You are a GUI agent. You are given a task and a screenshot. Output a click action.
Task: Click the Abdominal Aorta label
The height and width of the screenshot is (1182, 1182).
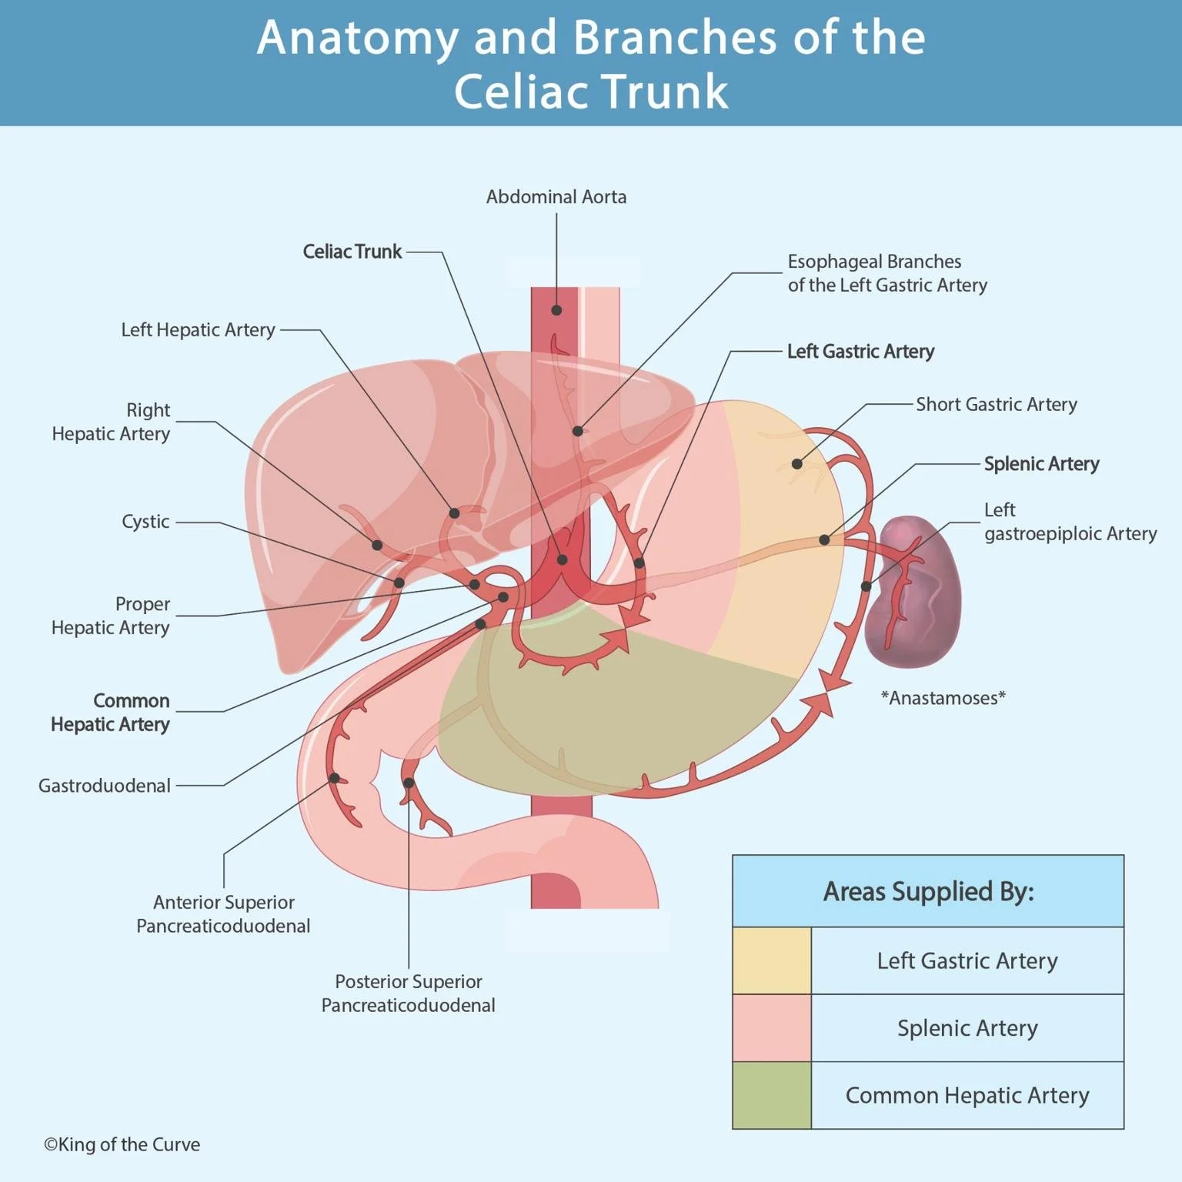pos(556,197)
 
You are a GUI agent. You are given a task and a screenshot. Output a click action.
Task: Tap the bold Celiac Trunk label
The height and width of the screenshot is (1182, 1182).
pos(352,252)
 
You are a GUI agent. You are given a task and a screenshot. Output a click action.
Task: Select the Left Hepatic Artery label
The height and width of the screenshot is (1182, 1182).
pos(198,330)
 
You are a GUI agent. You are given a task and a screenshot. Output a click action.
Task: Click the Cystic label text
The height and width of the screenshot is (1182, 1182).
pos(145,522)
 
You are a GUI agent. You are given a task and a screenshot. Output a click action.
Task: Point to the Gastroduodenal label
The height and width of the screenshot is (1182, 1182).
pos(105,786)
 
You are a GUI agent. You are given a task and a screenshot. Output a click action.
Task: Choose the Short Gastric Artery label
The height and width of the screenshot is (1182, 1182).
pos(996,405)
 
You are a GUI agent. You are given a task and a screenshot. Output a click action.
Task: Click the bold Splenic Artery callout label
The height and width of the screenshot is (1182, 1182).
pos(1041,464)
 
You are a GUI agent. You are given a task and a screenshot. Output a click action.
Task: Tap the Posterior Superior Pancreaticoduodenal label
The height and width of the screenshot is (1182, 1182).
pos(408,993)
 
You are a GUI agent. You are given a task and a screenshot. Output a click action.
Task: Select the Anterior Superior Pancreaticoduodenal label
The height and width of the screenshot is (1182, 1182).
pos(223,914)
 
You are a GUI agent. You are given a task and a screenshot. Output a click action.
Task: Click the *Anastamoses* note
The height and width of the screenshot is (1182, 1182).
pos(943,698)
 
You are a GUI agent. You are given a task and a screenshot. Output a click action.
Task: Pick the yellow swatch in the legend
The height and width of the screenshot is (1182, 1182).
pos(771,960)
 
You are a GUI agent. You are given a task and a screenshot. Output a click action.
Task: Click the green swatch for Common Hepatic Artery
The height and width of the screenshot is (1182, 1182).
pos(771,1095)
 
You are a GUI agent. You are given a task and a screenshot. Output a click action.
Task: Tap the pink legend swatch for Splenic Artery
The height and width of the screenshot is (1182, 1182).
pos(771,1028)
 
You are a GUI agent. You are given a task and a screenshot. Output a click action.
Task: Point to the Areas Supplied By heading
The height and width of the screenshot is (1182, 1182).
pos(928,892)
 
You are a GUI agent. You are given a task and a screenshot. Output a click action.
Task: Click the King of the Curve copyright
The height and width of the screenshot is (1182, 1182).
pos(122,1144)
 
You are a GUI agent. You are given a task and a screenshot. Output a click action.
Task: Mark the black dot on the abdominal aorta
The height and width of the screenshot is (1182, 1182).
pos(556,310)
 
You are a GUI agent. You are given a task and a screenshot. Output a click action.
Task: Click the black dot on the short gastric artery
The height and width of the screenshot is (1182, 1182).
pos(796,464)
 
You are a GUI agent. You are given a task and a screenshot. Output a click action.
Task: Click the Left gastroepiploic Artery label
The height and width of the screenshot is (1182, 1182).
pos(1070,522)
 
